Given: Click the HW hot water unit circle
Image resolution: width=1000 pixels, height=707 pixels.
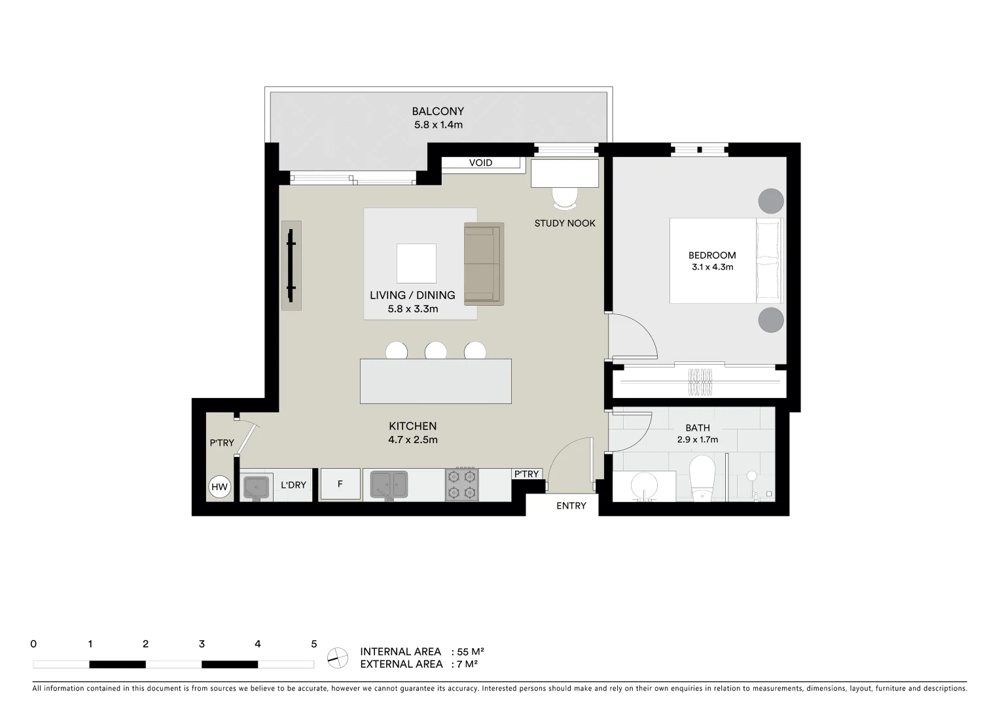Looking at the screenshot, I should click(x=220, y=487).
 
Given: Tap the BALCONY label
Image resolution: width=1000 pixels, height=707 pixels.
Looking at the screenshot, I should click(x=438, y=111).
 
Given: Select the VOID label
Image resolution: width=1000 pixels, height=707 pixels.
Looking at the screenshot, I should click(x=480, y=163).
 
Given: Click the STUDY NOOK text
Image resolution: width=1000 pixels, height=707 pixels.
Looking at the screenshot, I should click(x=565, y=223).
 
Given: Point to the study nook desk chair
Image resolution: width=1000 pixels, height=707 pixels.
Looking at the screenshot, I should click(x=565, y=197).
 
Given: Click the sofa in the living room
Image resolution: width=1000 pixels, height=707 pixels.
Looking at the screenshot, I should click(x=484, y=264).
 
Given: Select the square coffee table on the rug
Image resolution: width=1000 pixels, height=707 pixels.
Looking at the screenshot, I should click(x=416, y=263).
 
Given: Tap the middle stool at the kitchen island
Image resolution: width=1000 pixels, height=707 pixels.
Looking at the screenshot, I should click(x=436, y=352).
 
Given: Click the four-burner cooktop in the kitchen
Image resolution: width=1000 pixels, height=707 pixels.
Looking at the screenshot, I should click(x=461, y=485).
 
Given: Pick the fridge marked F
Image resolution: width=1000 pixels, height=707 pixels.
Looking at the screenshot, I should click(x=340, y=484).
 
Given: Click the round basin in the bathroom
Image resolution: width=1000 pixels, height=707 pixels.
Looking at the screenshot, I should click(x=645, y=486).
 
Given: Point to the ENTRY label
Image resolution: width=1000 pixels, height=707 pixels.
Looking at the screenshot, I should click(x=571, y=506).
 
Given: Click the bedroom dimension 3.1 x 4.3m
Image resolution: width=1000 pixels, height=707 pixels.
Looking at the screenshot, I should click(x=712, y=267).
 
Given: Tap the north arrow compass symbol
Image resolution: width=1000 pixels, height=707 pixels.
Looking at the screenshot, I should click(x=338, y=657).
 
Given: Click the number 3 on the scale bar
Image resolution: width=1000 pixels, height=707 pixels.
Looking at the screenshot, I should click(x=202, y=644).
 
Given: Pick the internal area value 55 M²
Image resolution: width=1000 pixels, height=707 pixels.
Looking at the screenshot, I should click(x=471, y=652).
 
